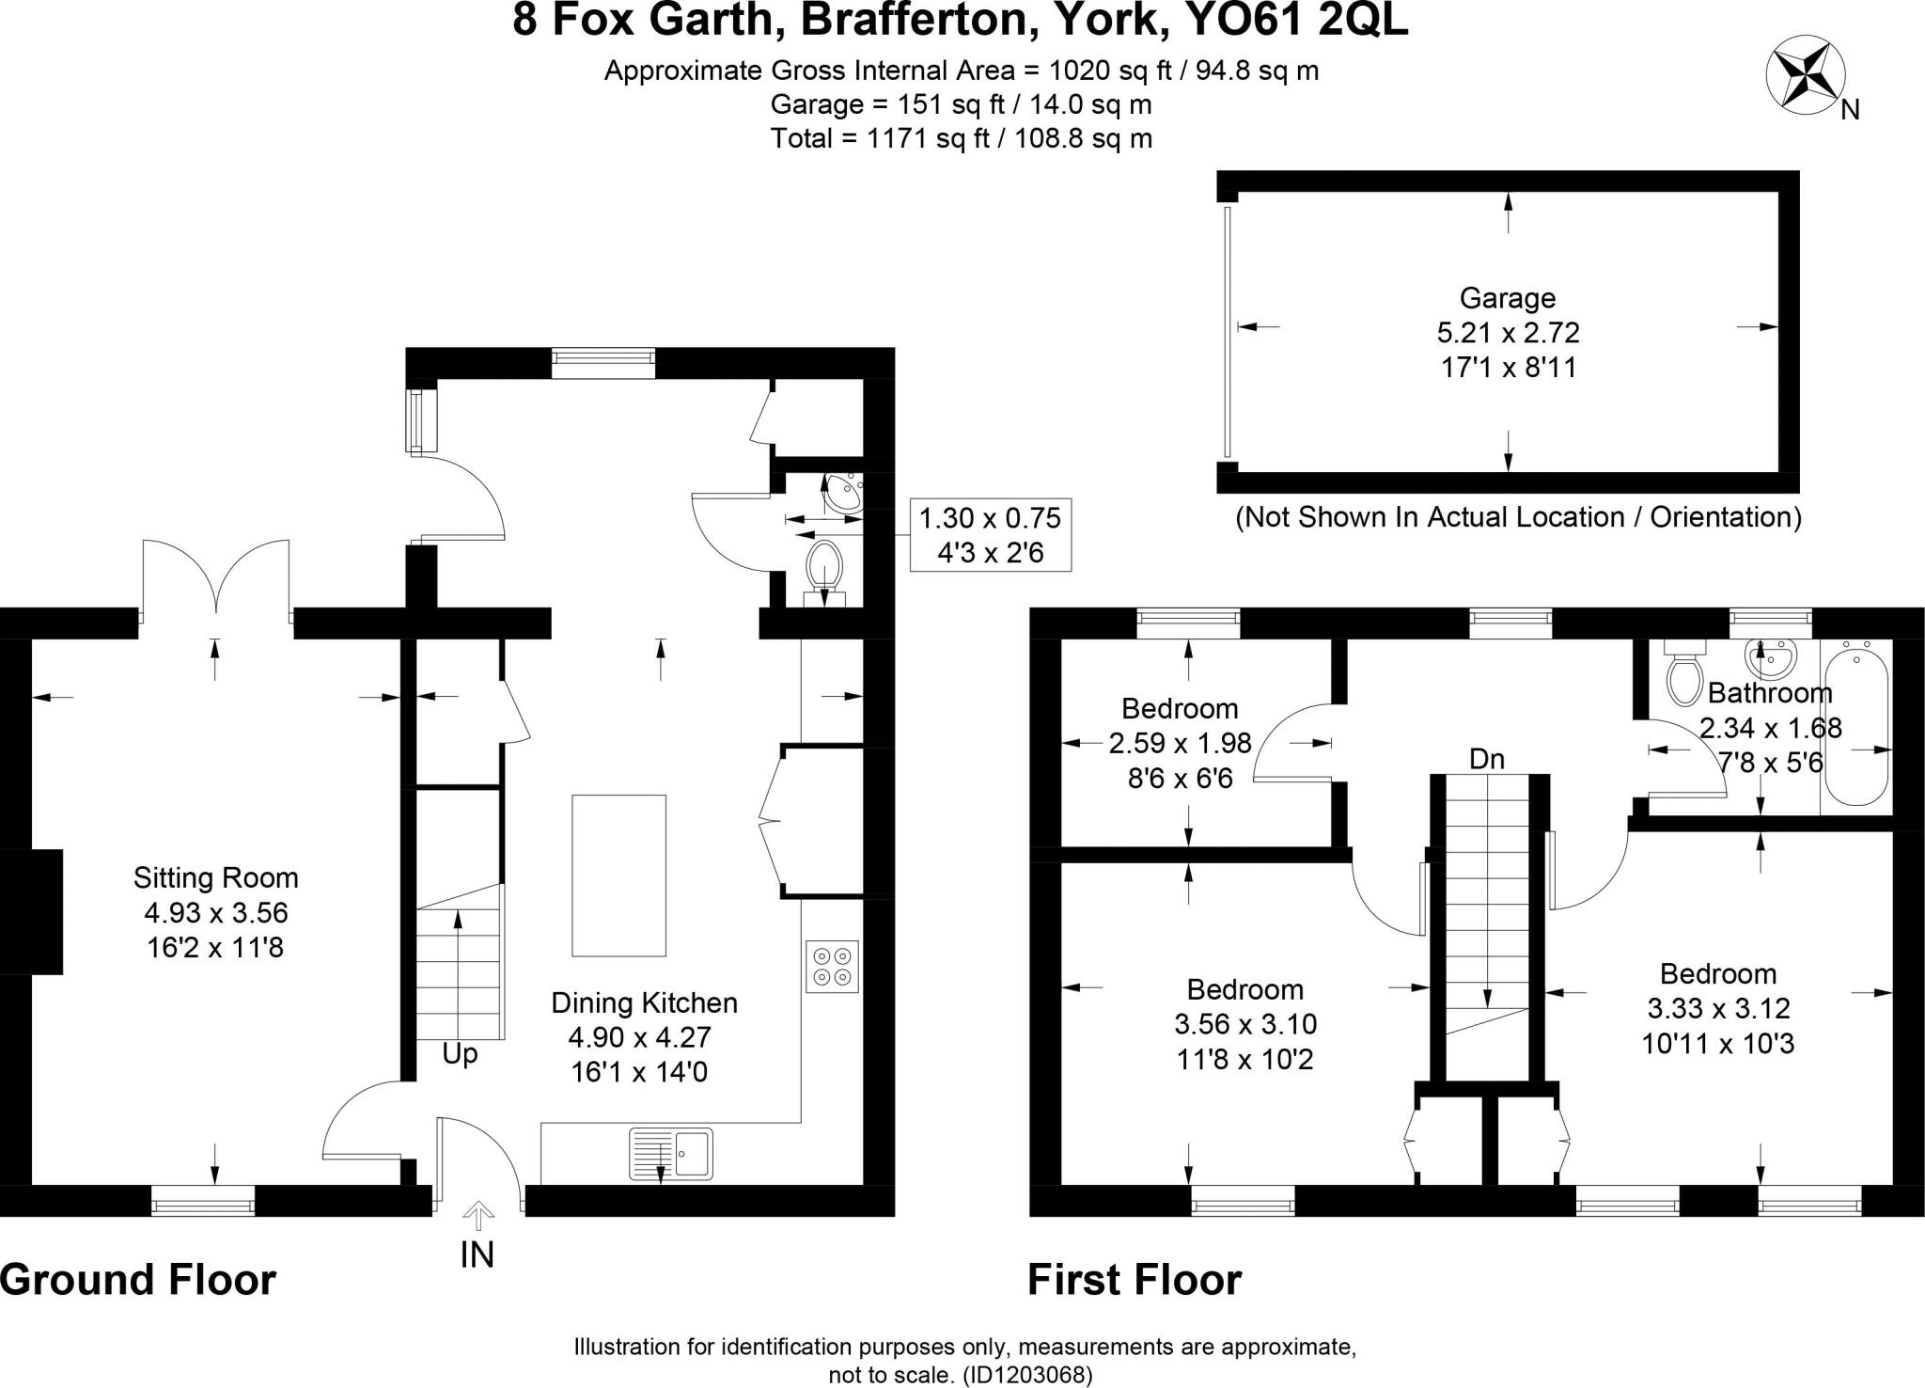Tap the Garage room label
tap(1508, 298)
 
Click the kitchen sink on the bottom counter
tap(670, 1153)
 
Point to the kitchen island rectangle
tap(618, 875)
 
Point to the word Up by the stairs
tap(460, 1054)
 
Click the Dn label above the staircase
tap(1487, 759)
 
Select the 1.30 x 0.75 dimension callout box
tap(990, 535)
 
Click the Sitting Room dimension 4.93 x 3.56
tap(216, 912)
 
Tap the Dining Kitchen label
tap(644, 1002)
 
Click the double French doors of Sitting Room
tap(216, 578)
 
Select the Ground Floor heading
tap(138, 1280)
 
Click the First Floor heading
tap(1134, 1280)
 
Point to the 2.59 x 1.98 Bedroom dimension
tap(1180, 743)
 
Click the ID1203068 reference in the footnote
tap(1027, 1375)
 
